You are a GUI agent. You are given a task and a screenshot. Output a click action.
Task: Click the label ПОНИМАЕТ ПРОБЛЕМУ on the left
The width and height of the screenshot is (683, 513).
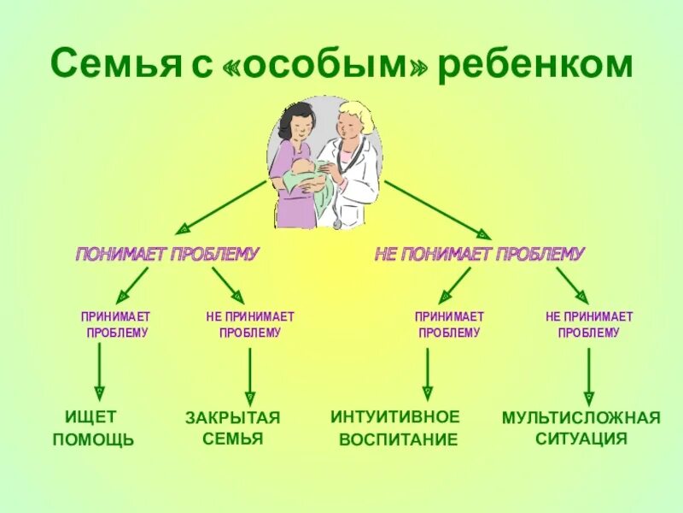(x=167, y=254)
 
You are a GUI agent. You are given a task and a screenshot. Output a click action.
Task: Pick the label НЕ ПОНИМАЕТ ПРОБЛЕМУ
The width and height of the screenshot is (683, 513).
(x=480, y=254)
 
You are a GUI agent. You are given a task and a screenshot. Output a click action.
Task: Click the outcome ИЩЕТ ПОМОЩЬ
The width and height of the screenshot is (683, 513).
(x=93, y=428)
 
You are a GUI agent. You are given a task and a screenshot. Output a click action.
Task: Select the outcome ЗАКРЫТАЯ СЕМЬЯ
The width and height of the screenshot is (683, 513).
(x=233, y=428)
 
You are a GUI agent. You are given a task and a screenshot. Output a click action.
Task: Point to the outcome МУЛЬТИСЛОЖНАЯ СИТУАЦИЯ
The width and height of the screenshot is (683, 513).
(x=581, y=428)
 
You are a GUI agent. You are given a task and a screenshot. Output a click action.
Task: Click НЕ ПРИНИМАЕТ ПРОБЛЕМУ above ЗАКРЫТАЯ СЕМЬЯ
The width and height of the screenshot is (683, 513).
(x=249, y=325)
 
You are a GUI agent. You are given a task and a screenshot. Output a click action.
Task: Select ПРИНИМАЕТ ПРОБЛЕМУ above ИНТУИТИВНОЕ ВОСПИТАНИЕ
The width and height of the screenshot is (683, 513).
(x=449, y=325)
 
